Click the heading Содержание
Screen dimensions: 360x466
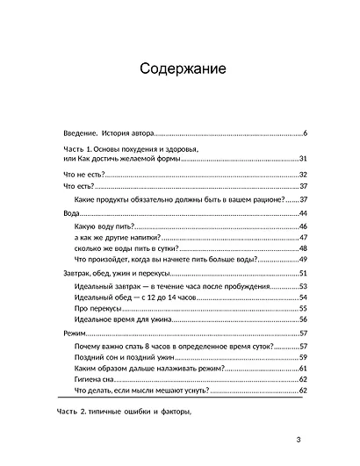(x=179, y=68)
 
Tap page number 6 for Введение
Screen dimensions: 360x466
(x=303, y=133)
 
